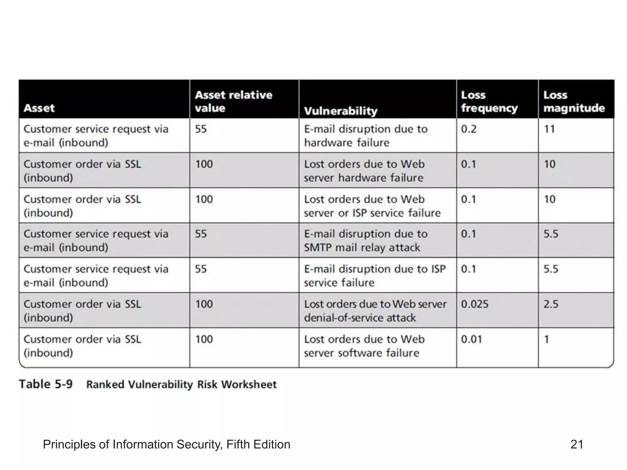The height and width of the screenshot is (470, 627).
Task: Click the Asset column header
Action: point(39,108)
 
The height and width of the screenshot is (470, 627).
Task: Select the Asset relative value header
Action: point(234,101)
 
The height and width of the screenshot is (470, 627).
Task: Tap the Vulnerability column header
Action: point(340,111)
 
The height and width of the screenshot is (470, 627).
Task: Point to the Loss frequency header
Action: point(489,101)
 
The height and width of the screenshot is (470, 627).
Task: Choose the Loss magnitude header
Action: point(574,101)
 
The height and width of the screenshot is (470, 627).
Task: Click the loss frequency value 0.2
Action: point(469,129)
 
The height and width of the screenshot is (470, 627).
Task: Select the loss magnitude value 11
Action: point(549,129)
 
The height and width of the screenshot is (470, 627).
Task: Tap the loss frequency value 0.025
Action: point(475,304)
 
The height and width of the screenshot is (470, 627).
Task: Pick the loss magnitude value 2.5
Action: point(551,304)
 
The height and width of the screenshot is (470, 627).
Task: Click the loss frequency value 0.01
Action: point(471,339)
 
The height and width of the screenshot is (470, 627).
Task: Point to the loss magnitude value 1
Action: point(546,339)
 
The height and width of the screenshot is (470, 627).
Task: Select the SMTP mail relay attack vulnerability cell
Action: point(366,241)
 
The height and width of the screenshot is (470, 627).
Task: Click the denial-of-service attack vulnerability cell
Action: point(375,311)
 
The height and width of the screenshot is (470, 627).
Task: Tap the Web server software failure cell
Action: point(364,346)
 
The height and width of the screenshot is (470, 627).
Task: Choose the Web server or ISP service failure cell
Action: point(372,206)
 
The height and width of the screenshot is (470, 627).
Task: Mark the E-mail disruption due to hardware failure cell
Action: point(366,136)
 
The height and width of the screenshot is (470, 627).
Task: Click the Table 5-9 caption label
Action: point(46,384)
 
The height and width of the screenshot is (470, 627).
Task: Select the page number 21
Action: point(577,444)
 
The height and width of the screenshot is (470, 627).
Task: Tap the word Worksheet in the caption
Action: point(249,385)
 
